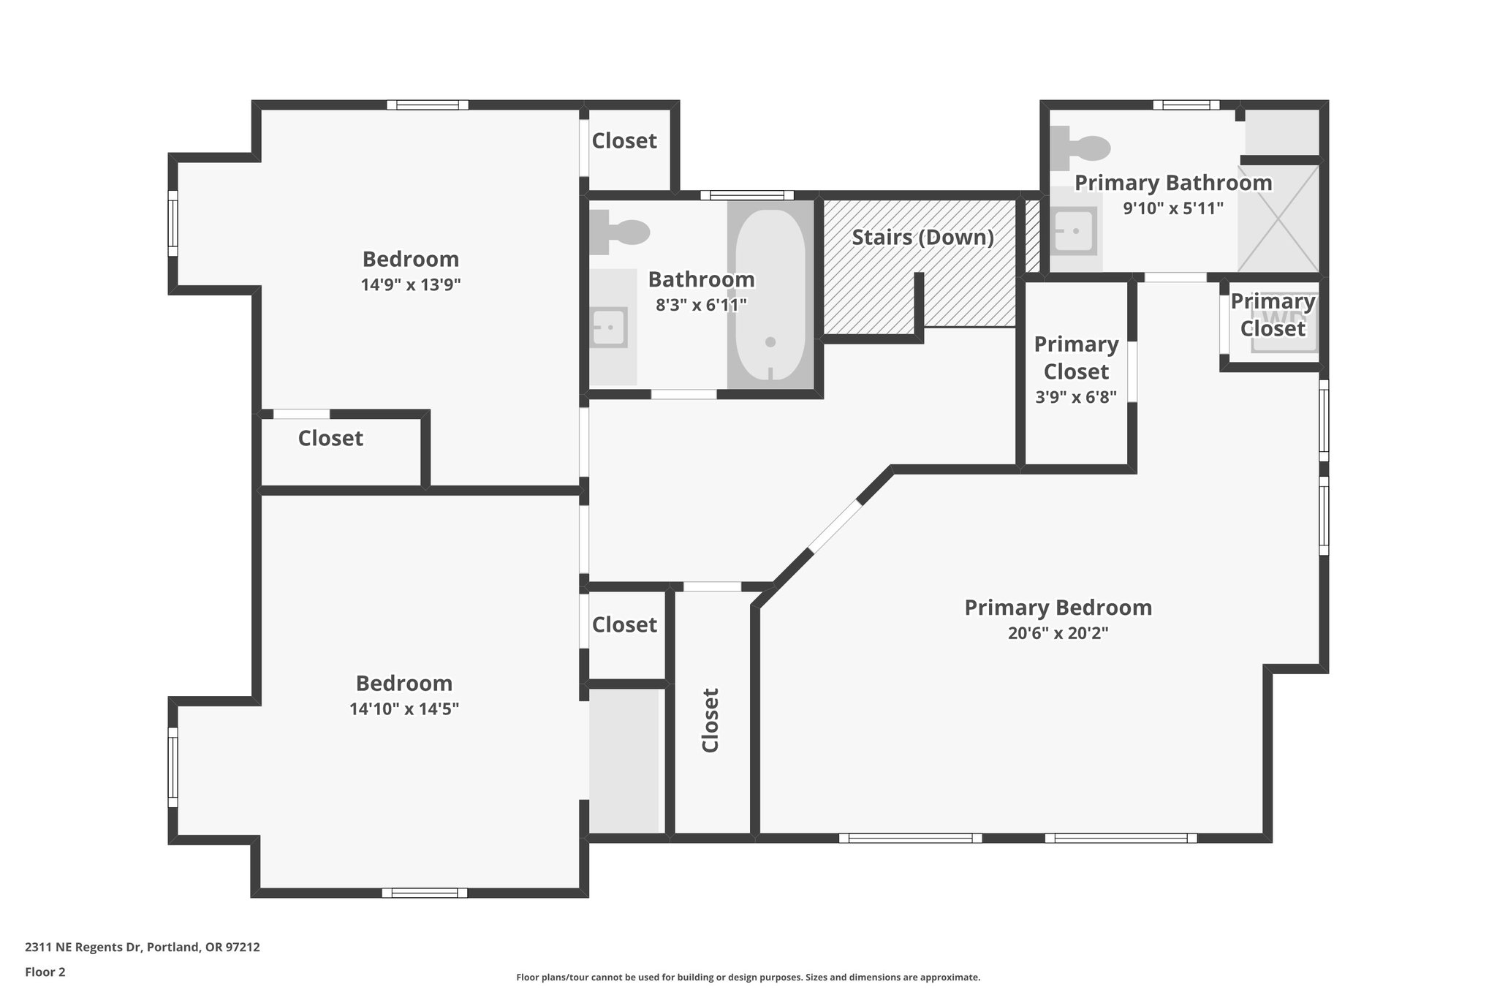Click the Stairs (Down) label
point(922,238)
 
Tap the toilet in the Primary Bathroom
point(1080,146)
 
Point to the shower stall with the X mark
point(1278,218)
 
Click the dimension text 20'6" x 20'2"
point(1058,633)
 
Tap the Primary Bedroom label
point(1058,608)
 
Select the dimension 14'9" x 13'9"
point(410,284)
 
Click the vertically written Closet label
point(710,719)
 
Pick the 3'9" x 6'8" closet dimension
point(1076,398)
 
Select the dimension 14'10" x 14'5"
point(403,708)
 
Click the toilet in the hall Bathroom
point(618,232)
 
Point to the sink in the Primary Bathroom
point(1075,230)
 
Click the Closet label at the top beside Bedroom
point(624,140)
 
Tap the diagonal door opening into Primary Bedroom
point(835,526)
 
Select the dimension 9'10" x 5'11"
point(1172,208)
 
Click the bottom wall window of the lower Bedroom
point(424,893)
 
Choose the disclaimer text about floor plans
point(748,977)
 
